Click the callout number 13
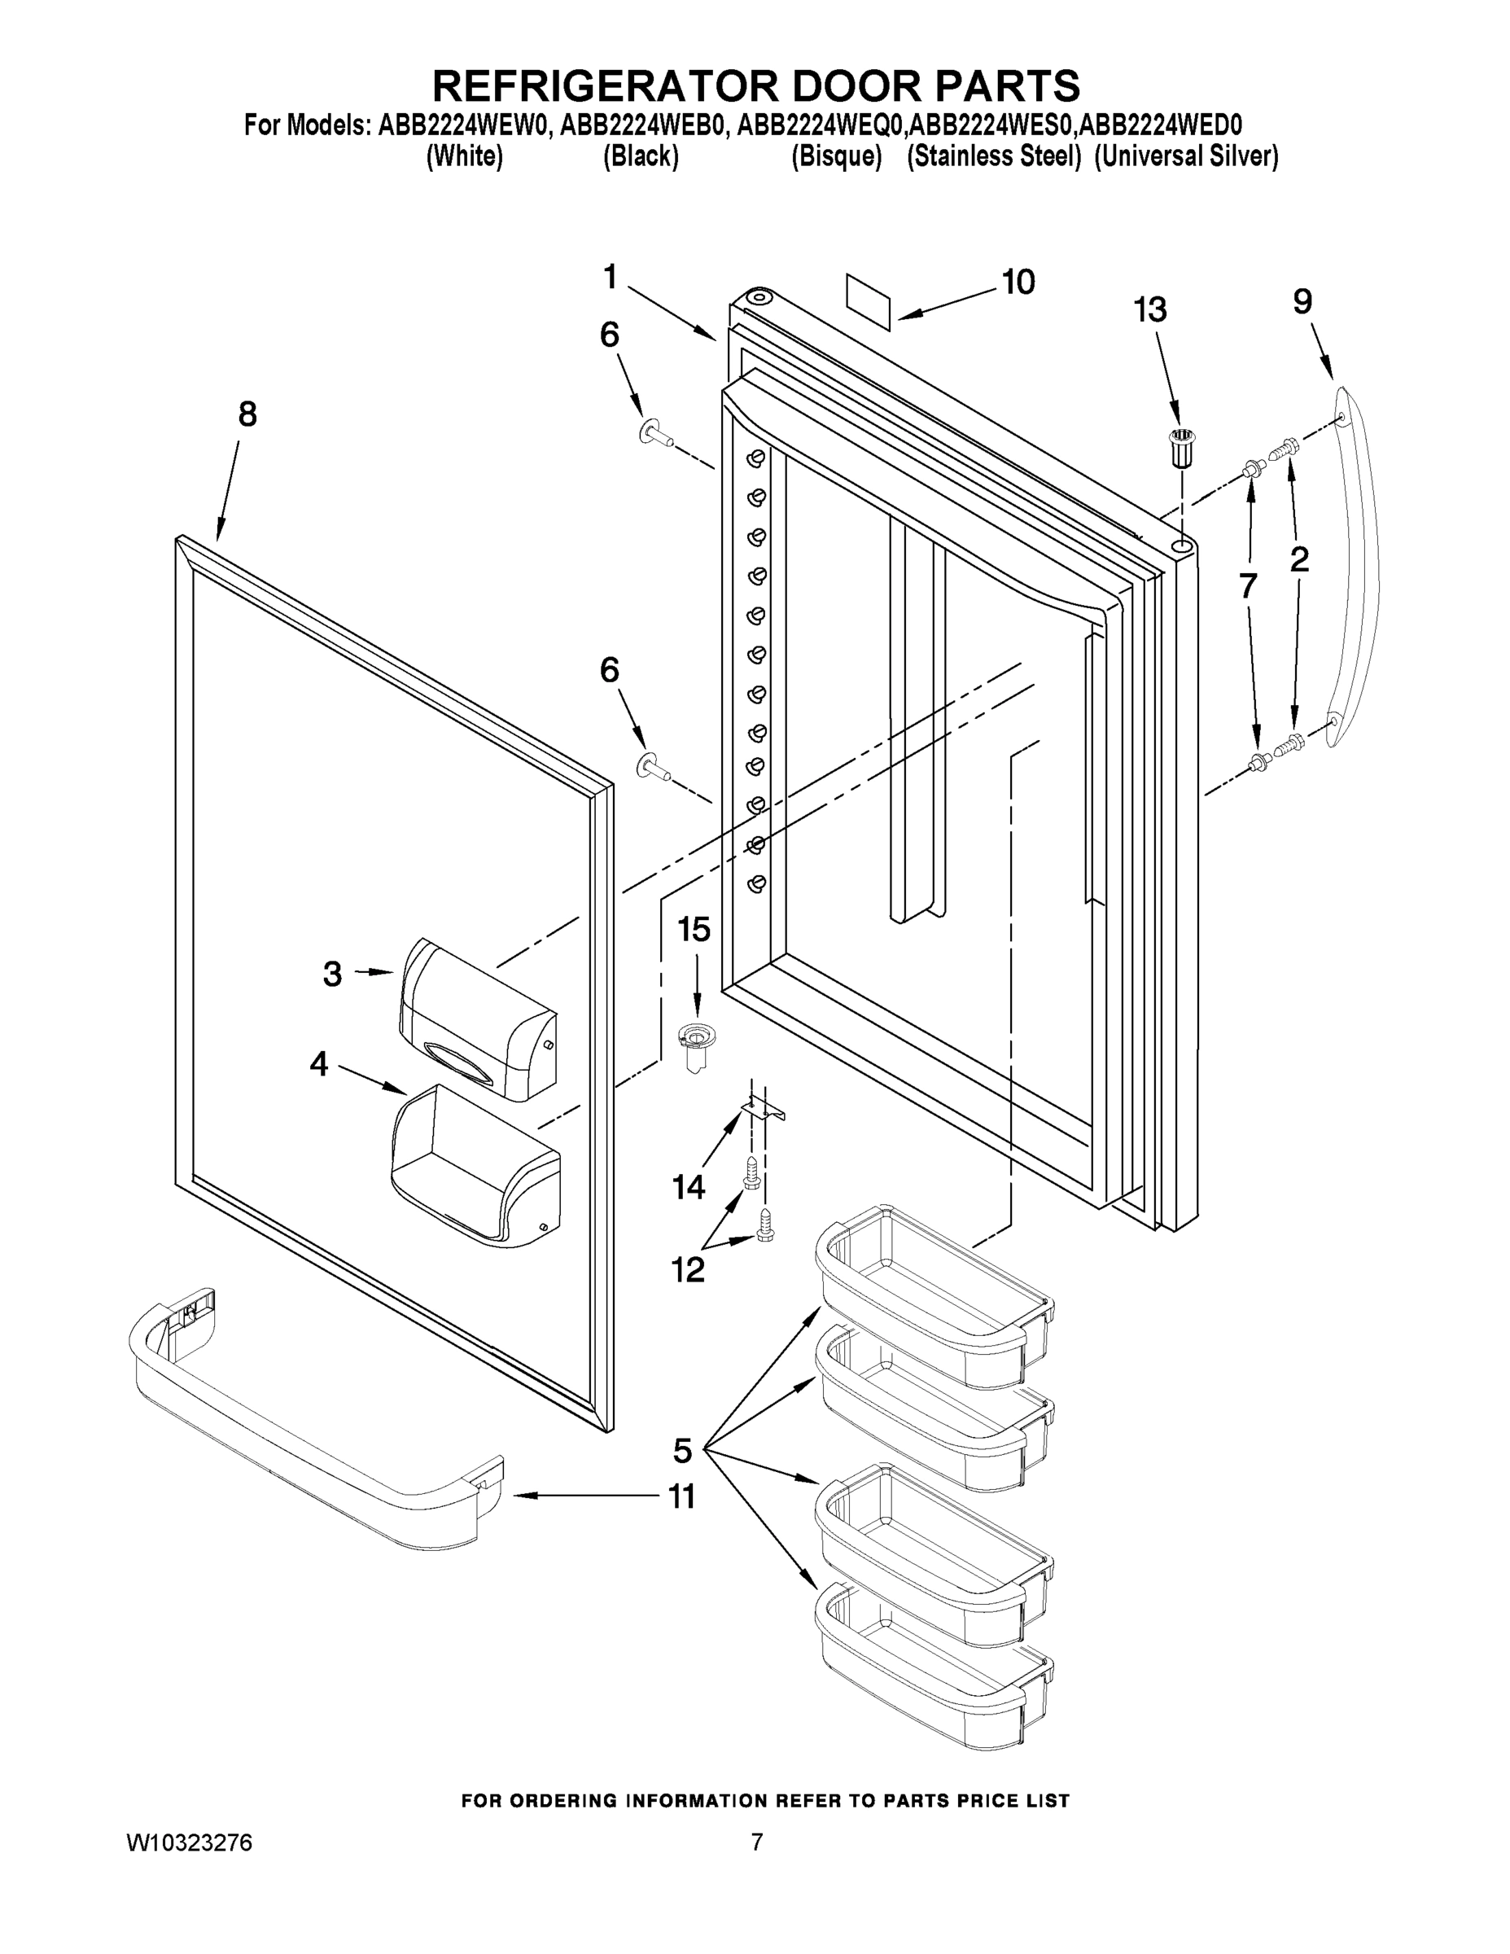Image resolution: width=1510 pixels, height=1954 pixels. (1149, 310)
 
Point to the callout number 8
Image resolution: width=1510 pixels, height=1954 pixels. (247, 414)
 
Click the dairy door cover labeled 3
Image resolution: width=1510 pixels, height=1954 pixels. (478, 1019)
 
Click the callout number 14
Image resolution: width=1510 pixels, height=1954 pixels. (689, 1187)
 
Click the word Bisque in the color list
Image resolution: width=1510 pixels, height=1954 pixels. (837, 156)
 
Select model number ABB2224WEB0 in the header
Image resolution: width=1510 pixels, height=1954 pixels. (641, 125)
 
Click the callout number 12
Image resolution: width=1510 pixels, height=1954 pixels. (688, 1268)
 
